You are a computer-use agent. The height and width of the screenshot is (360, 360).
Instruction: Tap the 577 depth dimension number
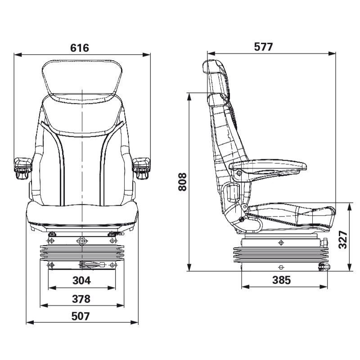point(263,47)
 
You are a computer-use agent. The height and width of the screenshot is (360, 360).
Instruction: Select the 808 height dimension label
point(182,181)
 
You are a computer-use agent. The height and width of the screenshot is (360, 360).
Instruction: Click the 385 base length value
point(281,280)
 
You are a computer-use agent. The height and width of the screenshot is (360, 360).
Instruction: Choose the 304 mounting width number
point(81,280)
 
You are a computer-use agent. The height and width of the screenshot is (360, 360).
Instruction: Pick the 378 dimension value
point(81,298)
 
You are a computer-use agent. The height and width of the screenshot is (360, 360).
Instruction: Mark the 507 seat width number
point(81,316)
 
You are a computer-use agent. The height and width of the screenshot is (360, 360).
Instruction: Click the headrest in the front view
point(82,77)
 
